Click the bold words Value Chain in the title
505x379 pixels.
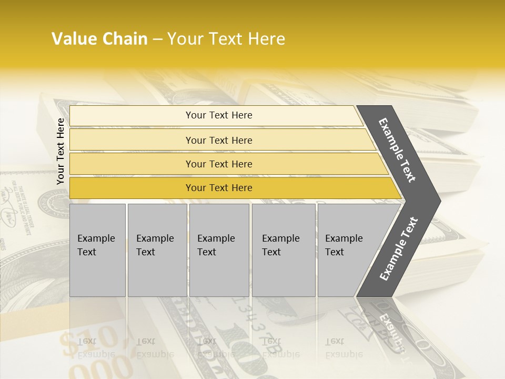pyautogui.click(x=99, y=39)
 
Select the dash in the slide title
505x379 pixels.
pyautogui.click(x=157, y=39)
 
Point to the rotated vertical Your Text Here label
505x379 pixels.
pyautogui.click(x=60, y=151)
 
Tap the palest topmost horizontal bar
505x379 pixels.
pyautogui.click(x=218, y=115)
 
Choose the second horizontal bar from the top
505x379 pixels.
pyautogui.click(x=218, y=140)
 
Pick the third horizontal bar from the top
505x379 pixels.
pyautogui.click(x=218, y=164)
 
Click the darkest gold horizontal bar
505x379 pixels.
pyautogui.click(x=218, y=188)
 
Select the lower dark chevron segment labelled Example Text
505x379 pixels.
pyautogui.click(x=398, y=249)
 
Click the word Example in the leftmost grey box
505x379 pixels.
pyautogui.click(x=96, y=238)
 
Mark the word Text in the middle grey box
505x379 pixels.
pyautogui.click(x=207, y=252)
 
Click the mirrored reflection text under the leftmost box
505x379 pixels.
pyautogui.click(x=96, y=347)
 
